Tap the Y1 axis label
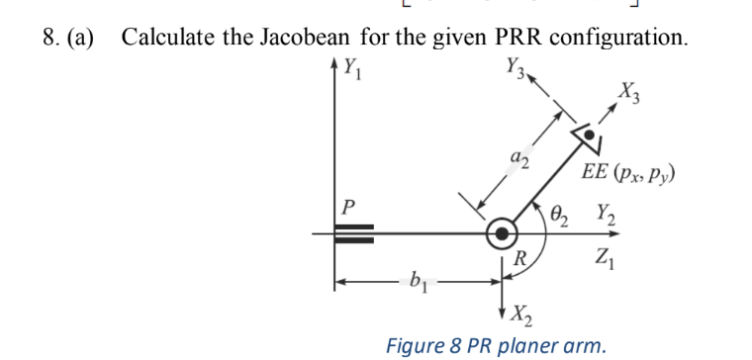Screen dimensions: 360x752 [349, 70]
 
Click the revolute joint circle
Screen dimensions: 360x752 [504, 233]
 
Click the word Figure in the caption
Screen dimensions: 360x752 [418, 345]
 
